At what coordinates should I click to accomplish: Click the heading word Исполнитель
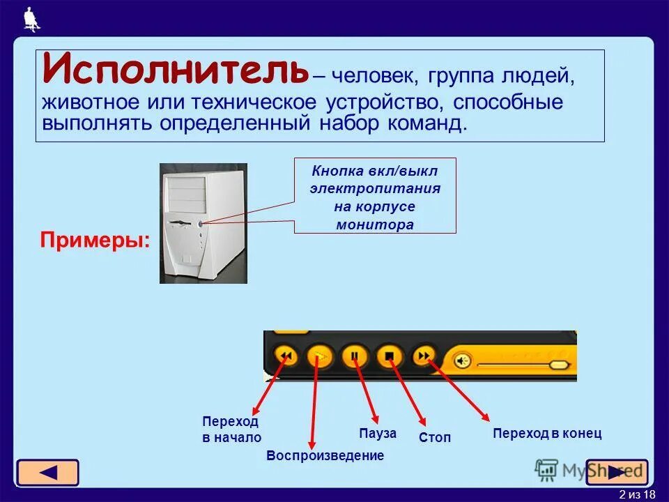point(174,70)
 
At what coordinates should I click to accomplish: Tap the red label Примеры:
point(95,240)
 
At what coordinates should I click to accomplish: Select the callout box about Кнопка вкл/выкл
point(375,195)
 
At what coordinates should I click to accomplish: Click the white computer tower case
point(203,223)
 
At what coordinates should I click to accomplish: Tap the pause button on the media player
point(355,356)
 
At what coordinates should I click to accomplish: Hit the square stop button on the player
point(390,356)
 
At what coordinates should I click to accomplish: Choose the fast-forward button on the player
point(423,356)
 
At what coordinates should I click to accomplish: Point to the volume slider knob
point(558,365)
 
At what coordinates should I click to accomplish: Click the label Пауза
point(378,433)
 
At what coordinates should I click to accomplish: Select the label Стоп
point(435,438)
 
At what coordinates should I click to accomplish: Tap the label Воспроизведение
point(325,456)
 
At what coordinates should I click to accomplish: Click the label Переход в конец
point(546,433)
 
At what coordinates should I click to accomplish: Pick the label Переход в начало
point(231,429)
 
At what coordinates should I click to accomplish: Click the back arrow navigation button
point(47,472)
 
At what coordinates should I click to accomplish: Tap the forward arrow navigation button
point(617,472)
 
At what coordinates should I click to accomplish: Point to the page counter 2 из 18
point(637,494)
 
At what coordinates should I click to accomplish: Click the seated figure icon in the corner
point(31,19)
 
